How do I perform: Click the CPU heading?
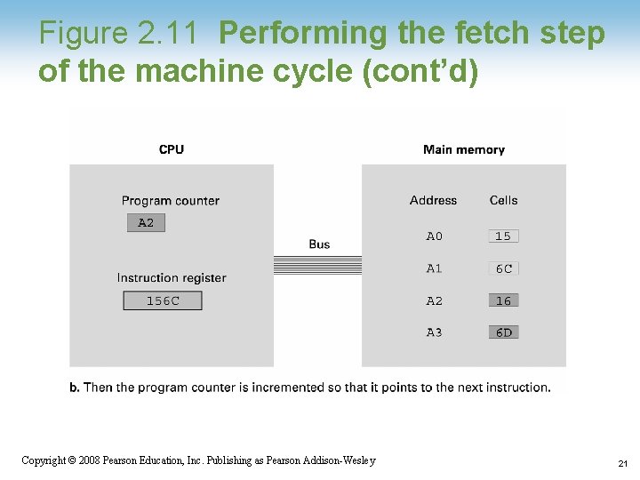pyautogui.click(x=172, y=149)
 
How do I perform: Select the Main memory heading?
pyautogui.click(x=463, y=149)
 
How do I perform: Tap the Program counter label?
pyautogui.click(x=170, y=201)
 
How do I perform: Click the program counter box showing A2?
pyautogui.click(x=146, y=223)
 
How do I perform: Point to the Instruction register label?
pyautogui.click(x=172, y=278)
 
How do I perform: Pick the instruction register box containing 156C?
pyautogui.click(x=163, y=301)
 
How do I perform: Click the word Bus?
pyautogui.click(x=319, y=244)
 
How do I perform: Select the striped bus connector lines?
pyautogui.click(x=317, y=265)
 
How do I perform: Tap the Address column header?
pyautogui.click(x=433, y=201)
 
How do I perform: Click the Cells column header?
pyautogui.click(x=503, y=201)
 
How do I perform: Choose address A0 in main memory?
pyautogui.click(x=434, y=236)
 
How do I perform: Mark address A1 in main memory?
pyautogui.click(x=434, y=268)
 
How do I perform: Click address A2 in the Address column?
pyautogui.click(x=434, y=301)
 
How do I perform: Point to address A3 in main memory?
pyautogui.click(x=434, y=332)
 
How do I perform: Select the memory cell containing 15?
pyautogui.click(x=503, y=236)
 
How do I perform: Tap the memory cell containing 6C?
pyautogui.click(x=503, y=268)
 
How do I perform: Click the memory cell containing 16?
pyautogui.click(x=503, y=301)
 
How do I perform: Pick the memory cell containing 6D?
pyautogui.click(x=503, y=332)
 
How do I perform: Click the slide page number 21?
pyautogui.click(x=622, y=464)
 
